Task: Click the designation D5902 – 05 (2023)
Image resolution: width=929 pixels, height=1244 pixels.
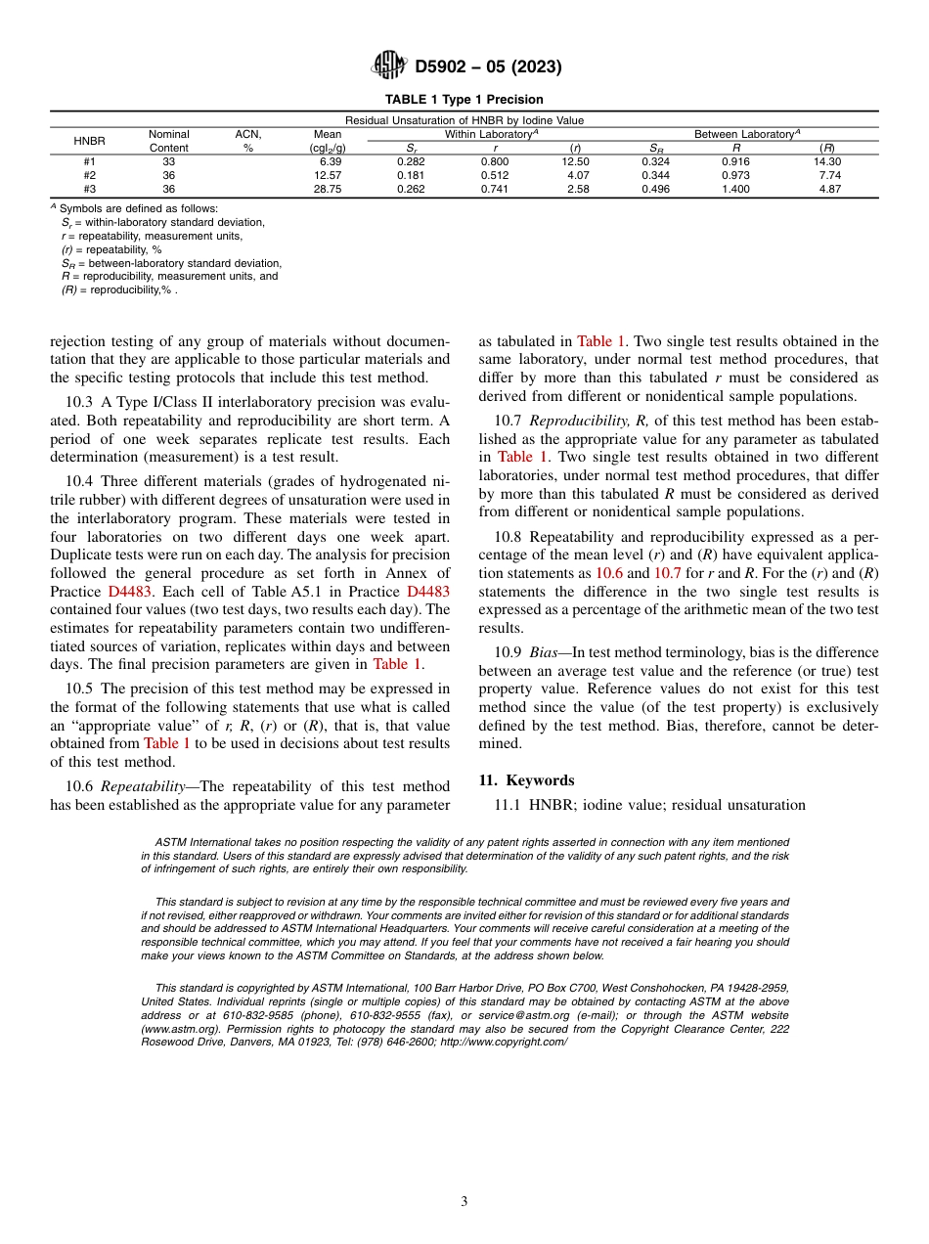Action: (x=488, y=67)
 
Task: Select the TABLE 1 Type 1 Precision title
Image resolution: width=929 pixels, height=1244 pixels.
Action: (x=464, y=100)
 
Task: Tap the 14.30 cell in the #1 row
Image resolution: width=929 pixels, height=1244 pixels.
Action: (x=827, y=161)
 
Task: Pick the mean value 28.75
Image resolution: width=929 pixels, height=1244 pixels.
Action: (x=328, y=189)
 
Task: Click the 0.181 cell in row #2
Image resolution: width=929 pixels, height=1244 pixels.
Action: (x=411, y=175)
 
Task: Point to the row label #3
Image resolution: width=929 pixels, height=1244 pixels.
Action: (x=89, y=189)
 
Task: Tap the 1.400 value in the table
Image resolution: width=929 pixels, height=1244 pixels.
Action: (x=735, y=189)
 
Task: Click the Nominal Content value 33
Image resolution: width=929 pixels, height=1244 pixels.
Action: (x=168, y=161)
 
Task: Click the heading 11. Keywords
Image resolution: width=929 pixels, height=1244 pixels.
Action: (x=525, y=780)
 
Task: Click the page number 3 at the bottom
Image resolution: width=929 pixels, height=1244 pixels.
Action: (x=464, y=1202)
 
